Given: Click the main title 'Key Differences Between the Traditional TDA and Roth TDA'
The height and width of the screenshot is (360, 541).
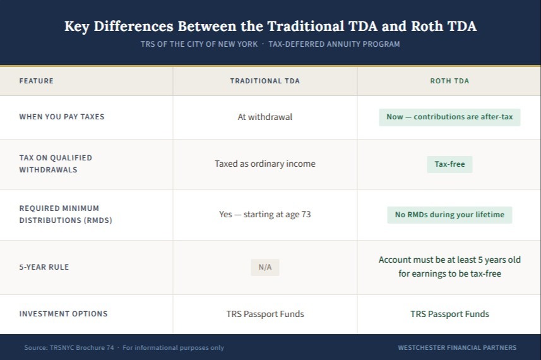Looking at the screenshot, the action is tap(270, 27).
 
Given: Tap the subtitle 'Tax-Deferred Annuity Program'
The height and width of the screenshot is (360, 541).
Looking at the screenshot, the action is tap(334, 44).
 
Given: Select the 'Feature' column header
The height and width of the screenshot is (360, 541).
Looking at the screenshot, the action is tap(36, 81).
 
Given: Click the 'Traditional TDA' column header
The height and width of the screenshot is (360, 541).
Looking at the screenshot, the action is tap(265, 81).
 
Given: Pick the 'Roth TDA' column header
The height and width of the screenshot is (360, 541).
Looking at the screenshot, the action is tap(449, 81).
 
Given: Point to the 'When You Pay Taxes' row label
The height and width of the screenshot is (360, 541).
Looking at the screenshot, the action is tap(62, 117).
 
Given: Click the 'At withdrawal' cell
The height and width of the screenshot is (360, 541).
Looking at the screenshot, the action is tap(265, 117).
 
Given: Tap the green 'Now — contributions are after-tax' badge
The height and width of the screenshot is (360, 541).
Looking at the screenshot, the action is tap(449, 117).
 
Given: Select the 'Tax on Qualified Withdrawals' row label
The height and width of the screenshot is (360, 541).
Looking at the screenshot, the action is tap(56, 164).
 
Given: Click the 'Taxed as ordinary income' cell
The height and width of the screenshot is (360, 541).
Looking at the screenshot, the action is tap(265, 164).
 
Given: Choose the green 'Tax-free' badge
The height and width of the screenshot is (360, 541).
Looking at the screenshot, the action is tap(449, 164).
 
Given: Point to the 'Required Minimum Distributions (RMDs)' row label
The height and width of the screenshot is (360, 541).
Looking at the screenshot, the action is tap(66, 214).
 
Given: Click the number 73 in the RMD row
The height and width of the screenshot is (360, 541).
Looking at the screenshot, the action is tap(306, 214).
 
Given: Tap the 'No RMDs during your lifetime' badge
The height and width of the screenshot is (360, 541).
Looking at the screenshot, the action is tap(449, 215).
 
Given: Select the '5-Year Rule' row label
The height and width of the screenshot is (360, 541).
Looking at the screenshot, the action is tap(44, 267).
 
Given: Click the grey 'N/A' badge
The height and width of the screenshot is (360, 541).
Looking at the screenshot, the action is tap(265, 267).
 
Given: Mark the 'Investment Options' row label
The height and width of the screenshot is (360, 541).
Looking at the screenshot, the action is tap(64, 314).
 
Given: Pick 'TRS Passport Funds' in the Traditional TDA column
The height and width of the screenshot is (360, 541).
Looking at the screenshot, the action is tap(265, 314).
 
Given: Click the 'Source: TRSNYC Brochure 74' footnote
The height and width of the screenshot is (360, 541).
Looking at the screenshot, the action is tap(69, 347).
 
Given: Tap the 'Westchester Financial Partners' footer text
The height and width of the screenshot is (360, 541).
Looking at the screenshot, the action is tap(457, 347).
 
